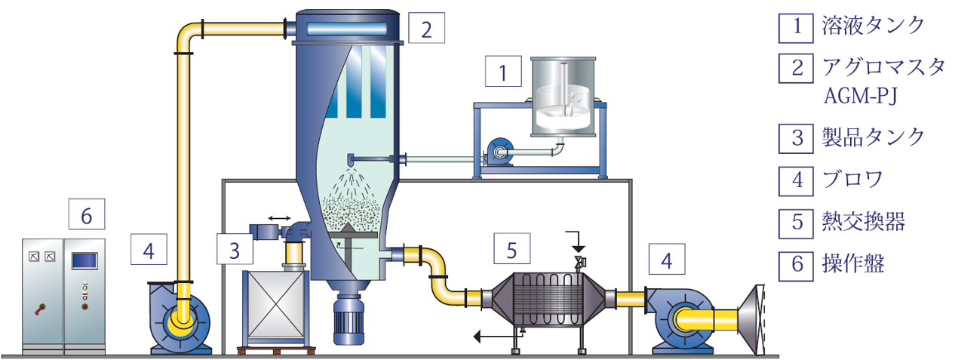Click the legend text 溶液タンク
point(873,26)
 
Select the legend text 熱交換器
point(863,222)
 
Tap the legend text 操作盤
point(853,263)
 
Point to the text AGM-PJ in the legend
point(861,96)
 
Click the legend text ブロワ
point(852,180)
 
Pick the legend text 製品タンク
point(873,138)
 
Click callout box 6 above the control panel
point(87,214)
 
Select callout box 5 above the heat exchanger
point(512,248)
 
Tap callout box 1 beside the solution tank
point(503,71)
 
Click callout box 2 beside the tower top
point(426,28)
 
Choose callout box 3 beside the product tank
point(235,249)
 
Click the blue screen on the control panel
point(84,260)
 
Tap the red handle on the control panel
point(41,309)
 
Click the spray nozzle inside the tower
point(351,161)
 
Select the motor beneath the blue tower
point(349,320)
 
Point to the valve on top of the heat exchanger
point(579,262)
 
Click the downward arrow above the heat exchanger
point(576,242)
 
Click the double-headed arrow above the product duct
point(279,218)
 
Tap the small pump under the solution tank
point(497,152)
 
